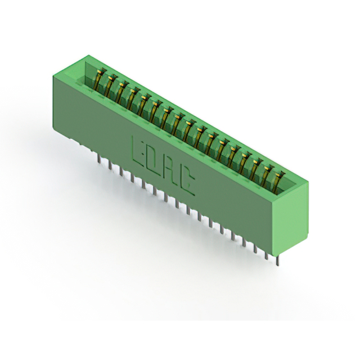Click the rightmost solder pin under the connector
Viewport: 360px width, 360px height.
[278, 260]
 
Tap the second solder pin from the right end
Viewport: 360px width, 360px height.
[267, 255]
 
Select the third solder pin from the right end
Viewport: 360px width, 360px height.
[255, 250]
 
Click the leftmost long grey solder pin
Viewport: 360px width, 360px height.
[99, 159]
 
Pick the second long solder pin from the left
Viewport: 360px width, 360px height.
[110, 165]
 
